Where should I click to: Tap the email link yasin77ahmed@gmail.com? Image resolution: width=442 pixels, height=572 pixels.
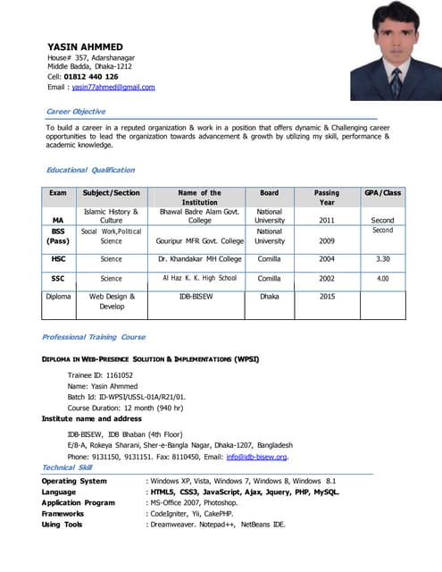tap(113, 88)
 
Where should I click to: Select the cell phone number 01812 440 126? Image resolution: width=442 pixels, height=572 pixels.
tap(90, 77)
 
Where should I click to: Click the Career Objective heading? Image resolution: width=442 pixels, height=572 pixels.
tap(76, 111)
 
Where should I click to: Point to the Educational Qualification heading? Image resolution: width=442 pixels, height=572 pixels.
tap(90, 170)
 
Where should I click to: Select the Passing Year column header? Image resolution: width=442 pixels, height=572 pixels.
tap(327, 198)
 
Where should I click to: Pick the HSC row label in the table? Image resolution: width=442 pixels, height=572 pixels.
tap(58, 259)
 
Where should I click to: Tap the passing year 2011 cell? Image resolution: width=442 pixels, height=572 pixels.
tap(327, 219)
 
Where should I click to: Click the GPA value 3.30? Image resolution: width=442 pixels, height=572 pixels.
tap(382, 259)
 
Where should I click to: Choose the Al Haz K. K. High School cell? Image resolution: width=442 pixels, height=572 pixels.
tap(199, 279)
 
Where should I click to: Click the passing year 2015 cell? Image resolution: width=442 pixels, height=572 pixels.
tap(327, 297)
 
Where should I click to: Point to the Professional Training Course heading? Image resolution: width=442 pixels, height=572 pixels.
tap(94, 337)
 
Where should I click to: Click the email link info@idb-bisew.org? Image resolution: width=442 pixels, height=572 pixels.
tap(256, 457)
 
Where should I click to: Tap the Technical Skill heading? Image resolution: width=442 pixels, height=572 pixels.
tap(67, 467)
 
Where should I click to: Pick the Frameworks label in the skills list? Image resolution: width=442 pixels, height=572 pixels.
tap(63, 514)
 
